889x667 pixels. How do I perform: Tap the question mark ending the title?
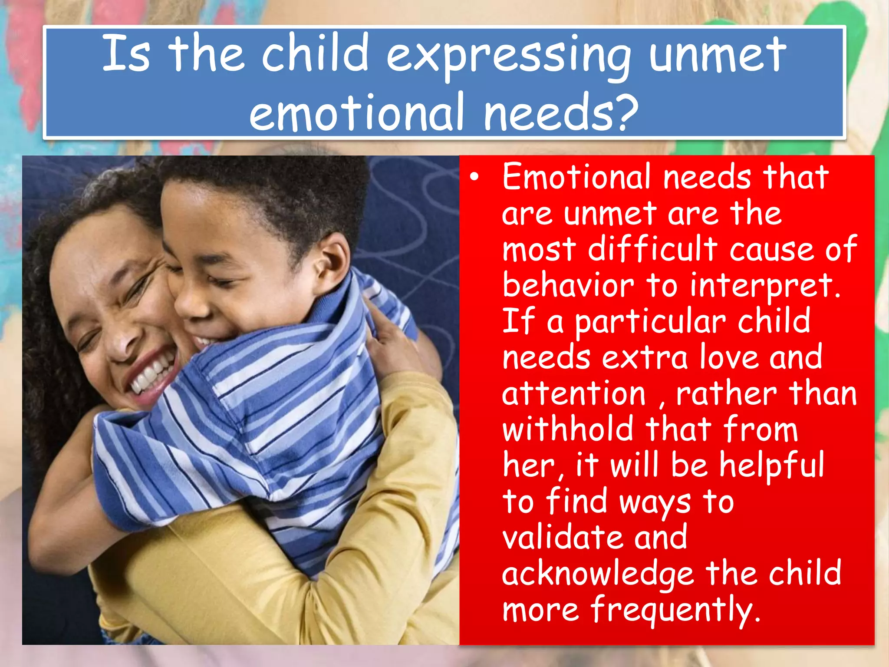[626, 112]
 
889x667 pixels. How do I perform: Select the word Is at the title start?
[126, 54]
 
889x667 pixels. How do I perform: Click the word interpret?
[764, 287]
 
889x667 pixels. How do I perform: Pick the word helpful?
[771, 466]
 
